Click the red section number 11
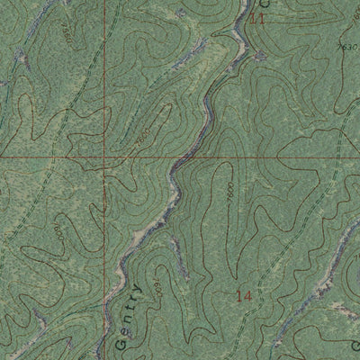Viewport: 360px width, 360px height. pos(260,18)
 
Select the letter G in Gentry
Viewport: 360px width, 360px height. pos(121,343)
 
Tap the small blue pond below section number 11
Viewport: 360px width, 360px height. pos(260,55)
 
